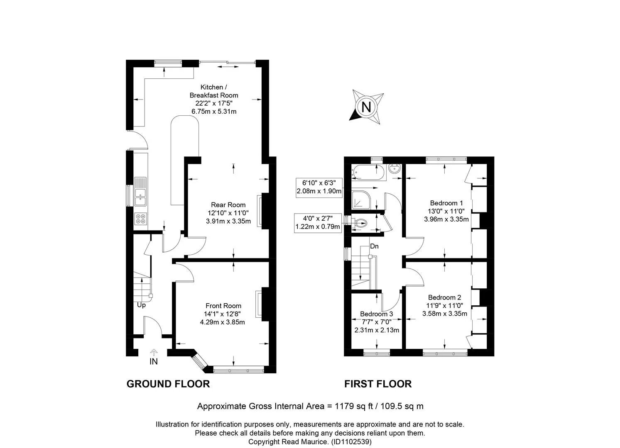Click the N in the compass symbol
pyautogui.click(x=366, y=107)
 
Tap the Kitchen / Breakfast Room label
pyautogui.click(x=214, y=91)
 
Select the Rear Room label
pyautogui.click(x=228, y=205)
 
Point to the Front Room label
pyautogui.click(x=223, y=306)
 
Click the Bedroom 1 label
pyautogui.click(x=446, y=203)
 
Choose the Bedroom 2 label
pyautogui.click(x=444, y=297)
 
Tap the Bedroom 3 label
pyautogui.click(x=376, y=314)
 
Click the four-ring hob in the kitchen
pyautogui.click(x=141, y=219)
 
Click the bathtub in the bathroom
pyautogui.click(x=368, y=173)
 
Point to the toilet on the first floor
pyautogui.click(x=358, y=223)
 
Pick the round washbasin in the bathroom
pyautogui.click(x=395, y=168)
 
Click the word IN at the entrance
pyautogui.click(x=153, y=361)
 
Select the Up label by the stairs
pyautogui.click(x=141, y=305)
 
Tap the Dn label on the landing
pyautogui.click(x=374, y=246)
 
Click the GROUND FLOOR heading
pyautogui.click(x=168, y=384)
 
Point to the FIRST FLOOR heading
pyautogui.click(x=378, y=384)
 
